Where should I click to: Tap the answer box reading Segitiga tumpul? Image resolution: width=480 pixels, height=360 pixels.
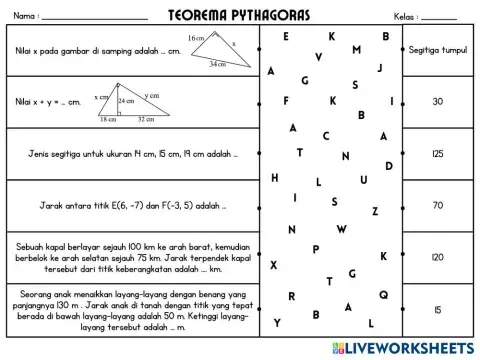pyautogui.click(x=437, y=49)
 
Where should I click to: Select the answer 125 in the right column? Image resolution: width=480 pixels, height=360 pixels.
pyautogui.click(x=437, y=153)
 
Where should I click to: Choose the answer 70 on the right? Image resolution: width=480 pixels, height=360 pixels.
pyautogui.click(x=437, y=205)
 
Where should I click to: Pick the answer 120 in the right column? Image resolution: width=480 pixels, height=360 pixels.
pyautogui.click(x=437, y=257)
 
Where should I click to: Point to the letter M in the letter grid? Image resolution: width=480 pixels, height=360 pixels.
pyautogui.click(x=357, y=50)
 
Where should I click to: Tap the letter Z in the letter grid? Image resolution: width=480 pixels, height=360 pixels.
pyautogui.click(x=374, y=211)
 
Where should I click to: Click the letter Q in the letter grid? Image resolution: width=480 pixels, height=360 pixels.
pyautogui.click(x=383, y=294)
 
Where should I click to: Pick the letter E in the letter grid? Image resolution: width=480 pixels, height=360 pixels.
pyautogui.click(x=286, y=36)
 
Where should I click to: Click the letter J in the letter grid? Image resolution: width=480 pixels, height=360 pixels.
pyautogui.click(x=379, y=68)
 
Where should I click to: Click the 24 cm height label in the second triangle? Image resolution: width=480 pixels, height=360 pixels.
pyautogui.click(x=125, y=102)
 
